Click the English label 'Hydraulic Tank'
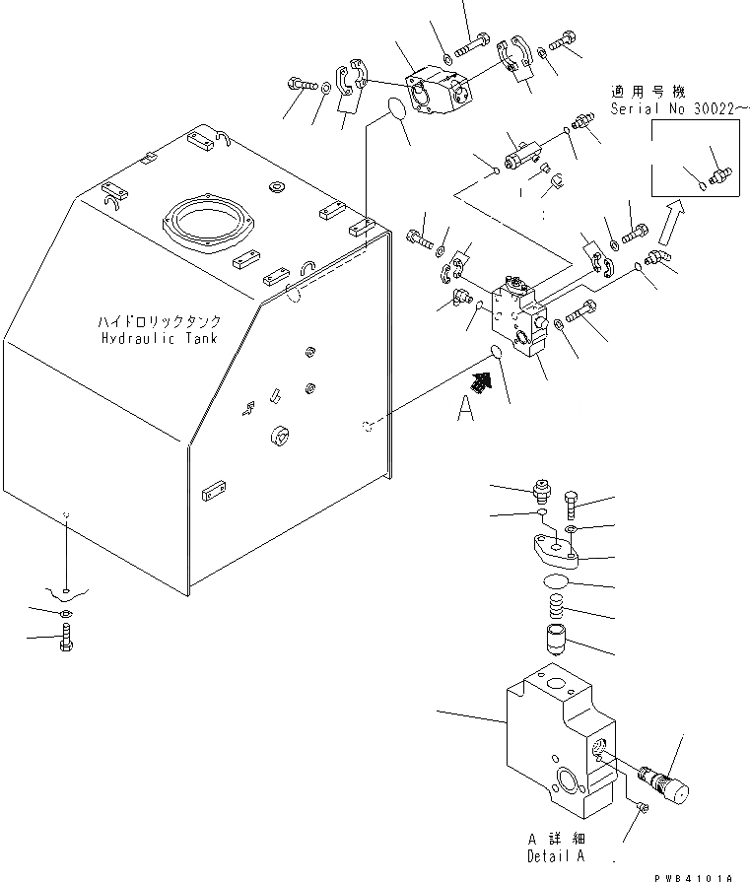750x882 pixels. coord(159,338)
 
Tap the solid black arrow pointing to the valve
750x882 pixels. coord(483,382)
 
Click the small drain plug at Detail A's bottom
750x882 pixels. coord(642,808)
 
